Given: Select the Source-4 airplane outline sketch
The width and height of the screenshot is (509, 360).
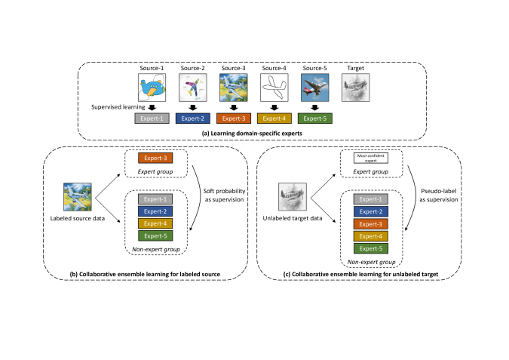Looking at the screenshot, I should pyautogui.click(x=272, y=91).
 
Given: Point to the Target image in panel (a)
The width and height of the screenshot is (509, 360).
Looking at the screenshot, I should pyautogui.click(x=355, y=91).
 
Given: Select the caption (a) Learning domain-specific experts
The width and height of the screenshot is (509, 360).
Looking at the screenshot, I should pyautogui.click(x=254, y=133).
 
